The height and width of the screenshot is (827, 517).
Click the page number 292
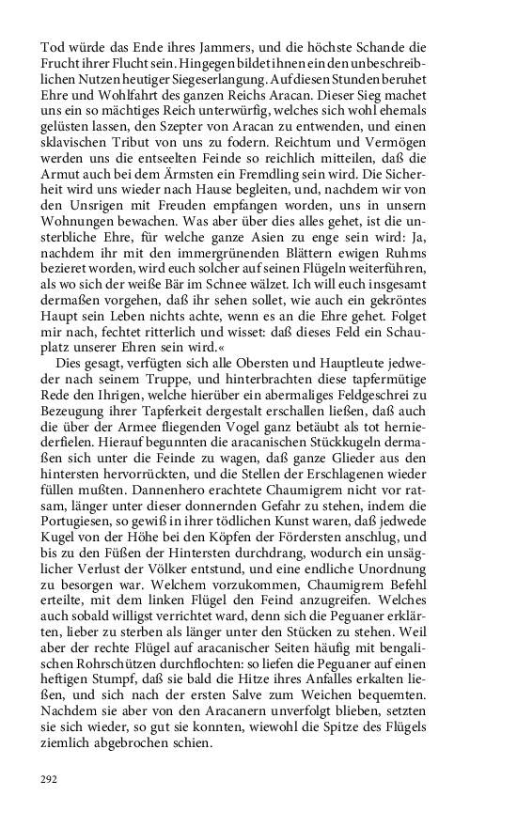(50, 780)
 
